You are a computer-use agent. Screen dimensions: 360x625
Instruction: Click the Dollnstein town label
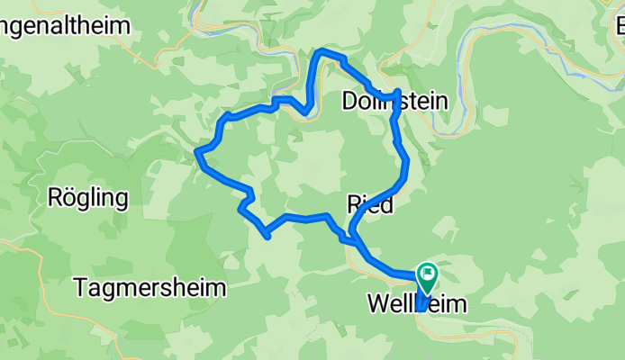394,103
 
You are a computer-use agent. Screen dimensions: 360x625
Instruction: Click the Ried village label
370,205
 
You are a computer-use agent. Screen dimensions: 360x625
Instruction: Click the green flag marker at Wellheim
426,271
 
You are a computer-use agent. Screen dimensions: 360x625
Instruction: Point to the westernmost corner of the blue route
197,155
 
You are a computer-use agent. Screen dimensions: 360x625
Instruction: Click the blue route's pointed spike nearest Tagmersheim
267,237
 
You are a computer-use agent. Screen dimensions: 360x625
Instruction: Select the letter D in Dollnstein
350,103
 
